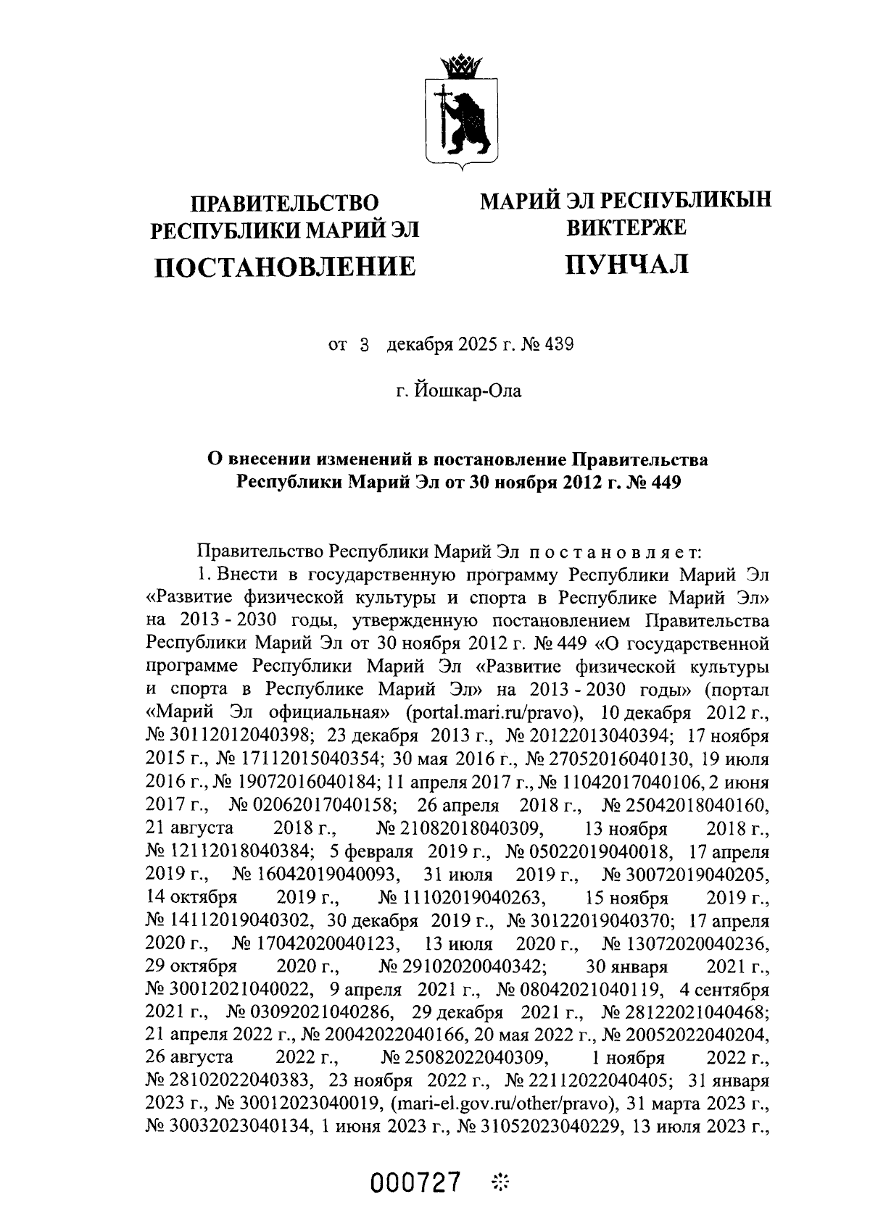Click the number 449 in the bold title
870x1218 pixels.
(x=662, y=481)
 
